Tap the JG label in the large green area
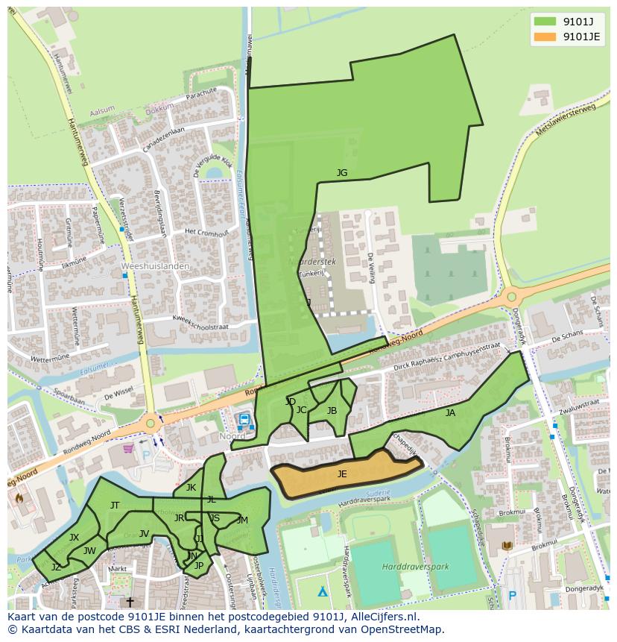[341, 173]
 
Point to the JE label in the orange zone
[342, 473]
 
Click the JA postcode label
[450, 412]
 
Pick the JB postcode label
[332, 411]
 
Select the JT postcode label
[115, 505]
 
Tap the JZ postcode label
[56, 567]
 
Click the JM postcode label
[242, 520]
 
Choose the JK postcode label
[191, 488]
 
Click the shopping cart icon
[128, 449]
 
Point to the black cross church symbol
[130, 601]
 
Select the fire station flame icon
[19, 497]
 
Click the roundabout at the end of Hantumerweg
[151, 423]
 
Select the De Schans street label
[566, 338]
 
